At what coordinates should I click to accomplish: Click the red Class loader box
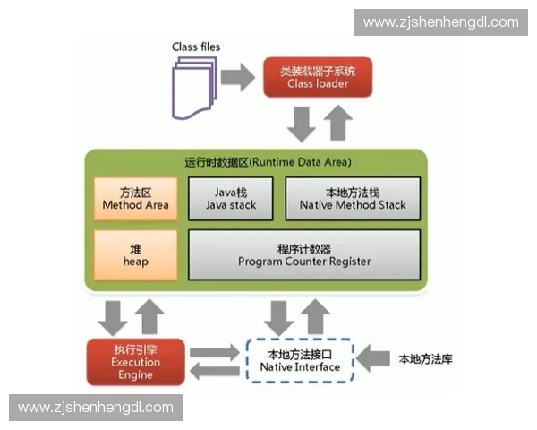[318, 77]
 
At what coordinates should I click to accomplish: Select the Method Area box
[135, 198]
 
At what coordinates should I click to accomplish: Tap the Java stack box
[231, 198]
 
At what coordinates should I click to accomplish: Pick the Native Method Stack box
[352, 198]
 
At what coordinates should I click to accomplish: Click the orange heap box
[135, 254]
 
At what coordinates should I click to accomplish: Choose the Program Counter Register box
[303, 254]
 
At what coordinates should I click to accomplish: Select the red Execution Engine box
[135, 361]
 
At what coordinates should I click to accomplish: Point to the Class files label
[196, 46]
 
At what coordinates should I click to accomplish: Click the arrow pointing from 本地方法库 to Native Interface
[372, 358]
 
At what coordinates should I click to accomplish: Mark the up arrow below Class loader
[337, 122]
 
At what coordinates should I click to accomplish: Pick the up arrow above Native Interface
[314, 316]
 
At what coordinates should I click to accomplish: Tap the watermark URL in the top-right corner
[440, 21]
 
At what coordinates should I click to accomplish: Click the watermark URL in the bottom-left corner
[96, 408]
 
